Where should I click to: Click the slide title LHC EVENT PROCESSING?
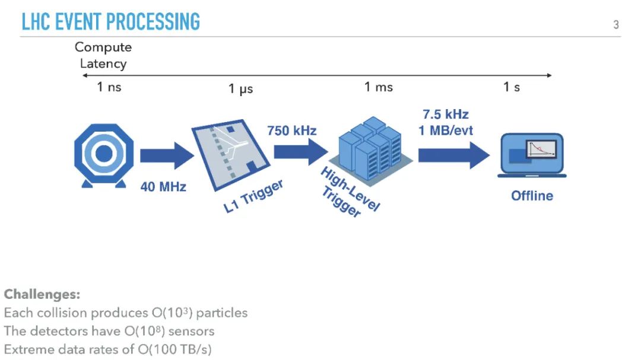point(110,21)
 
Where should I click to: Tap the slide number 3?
point(615,24)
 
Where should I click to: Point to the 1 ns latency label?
point(109,87)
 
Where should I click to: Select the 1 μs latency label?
point(241,89)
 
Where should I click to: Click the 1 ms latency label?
point(378,87)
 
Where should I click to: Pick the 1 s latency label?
point(512,87)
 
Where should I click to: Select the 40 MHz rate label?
point(163,187)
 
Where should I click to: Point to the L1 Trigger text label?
point(253,197)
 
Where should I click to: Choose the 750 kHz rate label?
point(292,130)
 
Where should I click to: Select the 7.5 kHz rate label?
point(445,114)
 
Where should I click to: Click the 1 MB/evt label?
point(446,130)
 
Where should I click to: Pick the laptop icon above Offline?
point(532,155)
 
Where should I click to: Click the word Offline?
point(532,196)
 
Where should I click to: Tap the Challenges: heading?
point(42,294)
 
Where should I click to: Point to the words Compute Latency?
point(103,55)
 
